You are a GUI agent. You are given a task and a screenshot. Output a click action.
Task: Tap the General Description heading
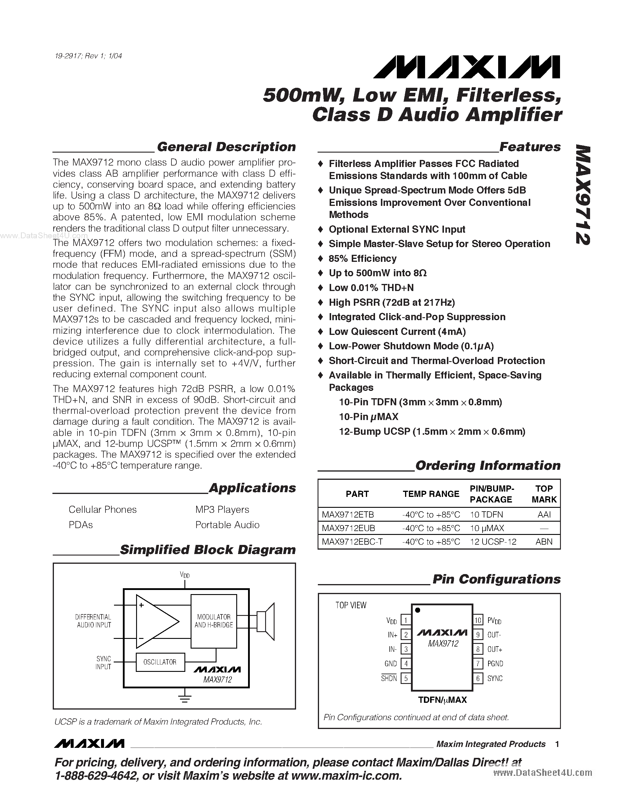[226, 147]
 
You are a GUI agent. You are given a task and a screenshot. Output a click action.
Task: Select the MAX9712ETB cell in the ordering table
[348, 514]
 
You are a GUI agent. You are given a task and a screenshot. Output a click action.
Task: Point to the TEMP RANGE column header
[431, 494]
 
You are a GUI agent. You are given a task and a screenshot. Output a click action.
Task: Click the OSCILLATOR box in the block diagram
[160, 662]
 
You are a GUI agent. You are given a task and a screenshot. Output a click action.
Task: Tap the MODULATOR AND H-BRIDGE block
[214, 621]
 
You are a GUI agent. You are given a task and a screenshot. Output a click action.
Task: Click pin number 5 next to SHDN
[406, 678]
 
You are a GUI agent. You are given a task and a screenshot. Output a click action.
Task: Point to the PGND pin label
[495, 664]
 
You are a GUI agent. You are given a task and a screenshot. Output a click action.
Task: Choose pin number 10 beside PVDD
[478, 620]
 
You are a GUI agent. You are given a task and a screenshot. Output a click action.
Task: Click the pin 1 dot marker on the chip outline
[418, 610]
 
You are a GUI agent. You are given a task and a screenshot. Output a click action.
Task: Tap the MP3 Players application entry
[222, 509]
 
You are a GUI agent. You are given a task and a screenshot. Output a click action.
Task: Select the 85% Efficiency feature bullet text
[362, 259]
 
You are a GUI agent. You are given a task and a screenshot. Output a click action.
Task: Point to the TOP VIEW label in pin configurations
[351, 605]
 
